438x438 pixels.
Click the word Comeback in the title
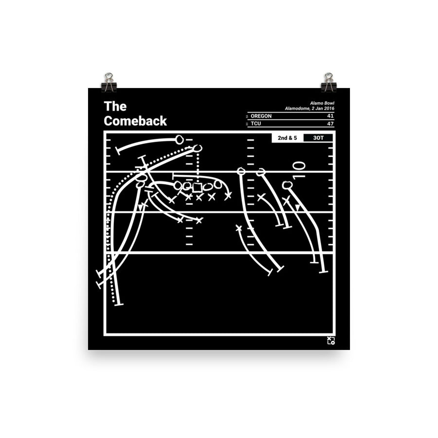point(135,121)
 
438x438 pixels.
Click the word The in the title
point(115,107)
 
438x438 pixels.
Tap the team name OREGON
point(261,116)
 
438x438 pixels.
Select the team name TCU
point(255,124)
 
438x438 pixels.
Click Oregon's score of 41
point(330,116)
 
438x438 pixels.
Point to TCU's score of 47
point(330,124)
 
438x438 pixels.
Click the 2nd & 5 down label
point(287,138)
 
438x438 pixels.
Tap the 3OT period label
point(318,138)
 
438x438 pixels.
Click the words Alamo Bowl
point(322,103)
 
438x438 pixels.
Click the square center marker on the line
point(197,188)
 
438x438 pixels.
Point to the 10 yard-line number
point(299,170)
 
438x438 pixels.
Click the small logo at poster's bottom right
point(331,341)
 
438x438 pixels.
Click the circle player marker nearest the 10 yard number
point(287,185)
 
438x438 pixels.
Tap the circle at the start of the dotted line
point(198,148)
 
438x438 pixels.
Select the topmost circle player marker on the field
point(179,140)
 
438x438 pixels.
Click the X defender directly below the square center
point(199,198)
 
